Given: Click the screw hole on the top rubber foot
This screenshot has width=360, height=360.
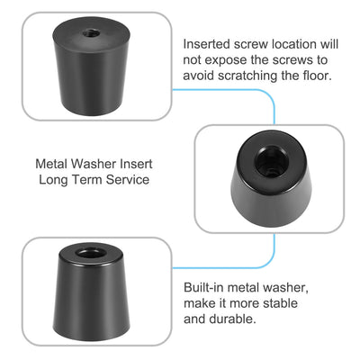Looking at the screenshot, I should click(x=89, y=32).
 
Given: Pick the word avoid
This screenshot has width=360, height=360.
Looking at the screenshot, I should click(x=200, y=75).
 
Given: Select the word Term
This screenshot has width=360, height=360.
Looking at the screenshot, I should click(x=90, y=180).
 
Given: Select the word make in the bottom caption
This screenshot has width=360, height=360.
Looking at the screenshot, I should click(x=199, y=302).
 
